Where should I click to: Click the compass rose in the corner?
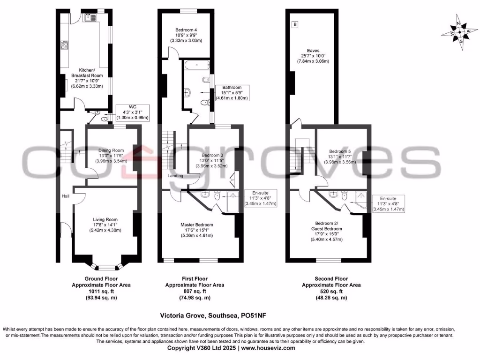pos(459,33)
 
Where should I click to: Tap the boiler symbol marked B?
pos(295,24)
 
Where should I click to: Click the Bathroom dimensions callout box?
pos(232,93)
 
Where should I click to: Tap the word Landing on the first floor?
pos(175,176)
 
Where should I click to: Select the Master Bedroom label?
pos(197,230)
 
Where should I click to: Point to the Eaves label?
pos(313,56)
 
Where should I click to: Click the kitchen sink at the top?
pos(90,18)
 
